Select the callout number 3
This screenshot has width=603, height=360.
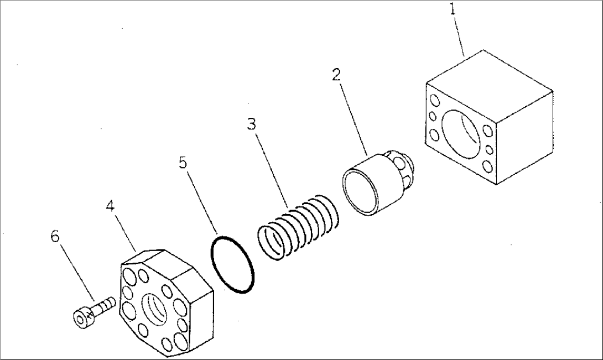252,124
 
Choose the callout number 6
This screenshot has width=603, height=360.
55,237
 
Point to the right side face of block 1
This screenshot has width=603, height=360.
526,135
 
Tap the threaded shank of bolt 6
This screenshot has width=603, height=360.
106,305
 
